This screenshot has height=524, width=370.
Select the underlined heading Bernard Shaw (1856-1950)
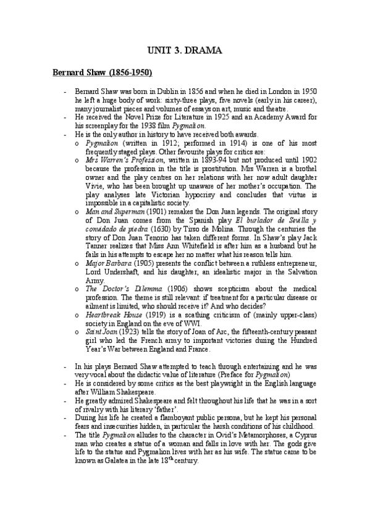(x=101, y=72)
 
